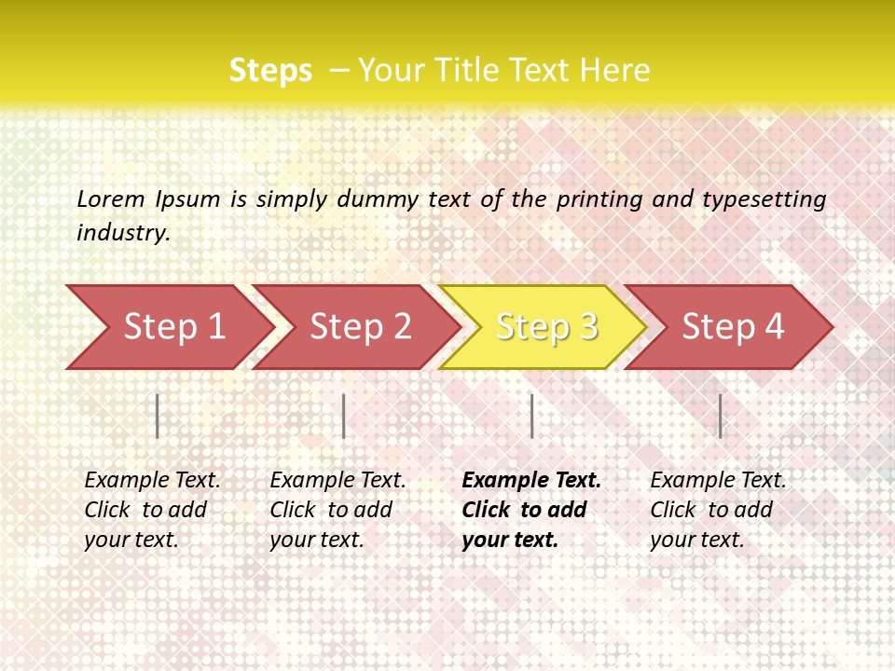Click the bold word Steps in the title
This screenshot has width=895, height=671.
tap(270, 70)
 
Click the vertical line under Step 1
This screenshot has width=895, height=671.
tap(158, 416)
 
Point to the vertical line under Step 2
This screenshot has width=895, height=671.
tap(344, 416)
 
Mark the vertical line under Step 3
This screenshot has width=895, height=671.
tap(531, 416)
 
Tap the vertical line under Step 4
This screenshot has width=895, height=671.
tap(720, 416)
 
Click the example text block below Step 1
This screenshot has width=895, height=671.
tap(152, 510)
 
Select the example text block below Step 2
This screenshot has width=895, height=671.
tap(337, 510)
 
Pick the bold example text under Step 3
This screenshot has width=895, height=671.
tap(531, 510)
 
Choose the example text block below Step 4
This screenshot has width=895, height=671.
tap(718, 510)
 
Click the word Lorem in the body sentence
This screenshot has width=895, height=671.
tap(111, 199)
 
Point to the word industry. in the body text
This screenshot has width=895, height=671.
tap(123, 232)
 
